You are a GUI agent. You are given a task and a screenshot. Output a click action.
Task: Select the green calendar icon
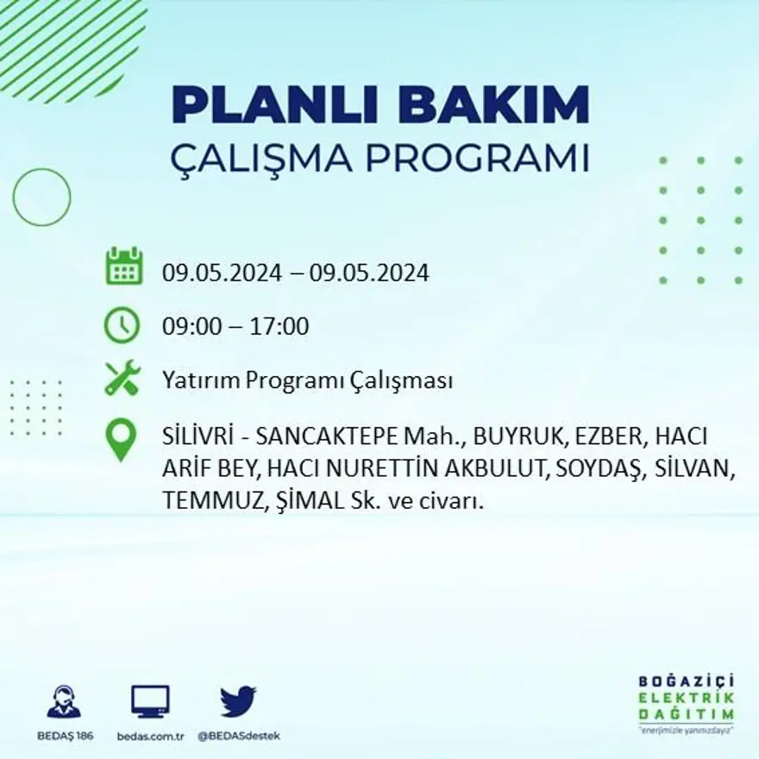(x=123, y=267)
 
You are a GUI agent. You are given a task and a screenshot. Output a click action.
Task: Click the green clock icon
(x=122, y=326)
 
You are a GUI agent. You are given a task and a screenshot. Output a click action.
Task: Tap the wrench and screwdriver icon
(x=122, y=378)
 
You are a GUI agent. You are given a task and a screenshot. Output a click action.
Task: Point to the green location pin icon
(x=121, y=439)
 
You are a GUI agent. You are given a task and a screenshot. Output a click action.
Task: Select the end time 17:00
(x=280, y=327)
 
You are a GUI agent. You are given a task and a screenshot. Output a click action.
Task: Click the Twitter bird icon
(x=238, y=700)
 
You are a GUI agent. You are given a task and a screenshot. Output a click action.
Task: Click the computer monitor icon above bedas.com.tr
(x=150, y=701)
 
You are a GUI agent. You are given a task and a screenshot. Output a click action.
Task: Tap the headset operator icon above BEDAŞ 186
(x=63, y=701)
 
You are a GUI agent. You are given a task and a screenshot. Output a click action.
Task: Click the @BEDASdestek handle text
(x=239, y=736)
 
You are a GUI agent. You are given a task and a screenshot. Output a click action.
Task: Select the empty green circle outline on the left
(x=41, y=198)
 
